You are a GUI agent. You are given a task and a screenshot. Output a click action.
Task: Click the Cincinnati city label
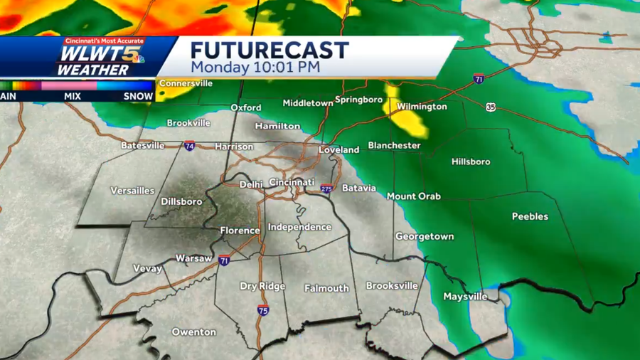click(292, 182)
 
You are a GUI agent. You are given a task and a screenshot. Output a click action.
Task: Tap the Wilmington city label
click(422, 107)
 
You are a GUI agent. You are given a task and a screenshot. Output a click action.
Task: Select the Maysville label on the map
click(465, 296)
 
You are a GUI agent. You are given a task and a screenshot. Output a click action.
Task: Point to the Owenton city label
click(194, 332)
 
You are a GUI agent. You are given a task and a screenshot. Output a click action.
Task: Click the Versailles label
click(132, 191)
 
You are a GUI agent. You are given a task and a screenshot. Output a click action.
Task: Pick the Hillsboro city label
click(471, 162)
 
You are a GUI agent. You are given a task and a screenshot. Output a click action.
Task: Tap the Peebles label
click(530, 216)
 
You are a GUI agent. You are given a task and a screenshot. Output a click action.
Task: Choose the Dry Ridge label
click(262, 286)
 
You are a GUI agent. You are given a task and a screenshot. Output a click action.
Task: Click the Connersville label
click(186, 83)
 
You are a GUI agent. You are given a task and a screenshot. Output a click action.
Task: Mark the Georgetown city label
click(425, 236)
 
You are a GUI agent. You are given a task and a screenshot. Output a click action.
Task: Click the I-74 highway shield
click(189, 146)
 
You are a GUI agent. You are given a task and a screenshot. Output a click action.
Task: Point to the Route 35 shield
click(491, 107)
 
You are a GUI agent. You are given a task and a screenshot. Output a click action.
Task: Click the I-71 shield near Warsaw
click(224, 261)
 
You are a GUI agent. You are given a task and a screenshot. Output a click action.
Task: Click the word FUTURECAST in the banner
click(270, 51)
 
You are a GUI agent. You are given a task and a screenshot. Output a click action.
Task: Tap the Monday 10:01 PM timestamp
click(255, 68)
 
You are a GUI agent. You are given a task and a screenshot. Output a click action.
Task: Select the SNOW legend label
click(139, 96)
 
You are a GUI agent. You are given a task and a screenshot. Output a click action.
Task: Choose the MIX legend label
click(72, 96)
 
